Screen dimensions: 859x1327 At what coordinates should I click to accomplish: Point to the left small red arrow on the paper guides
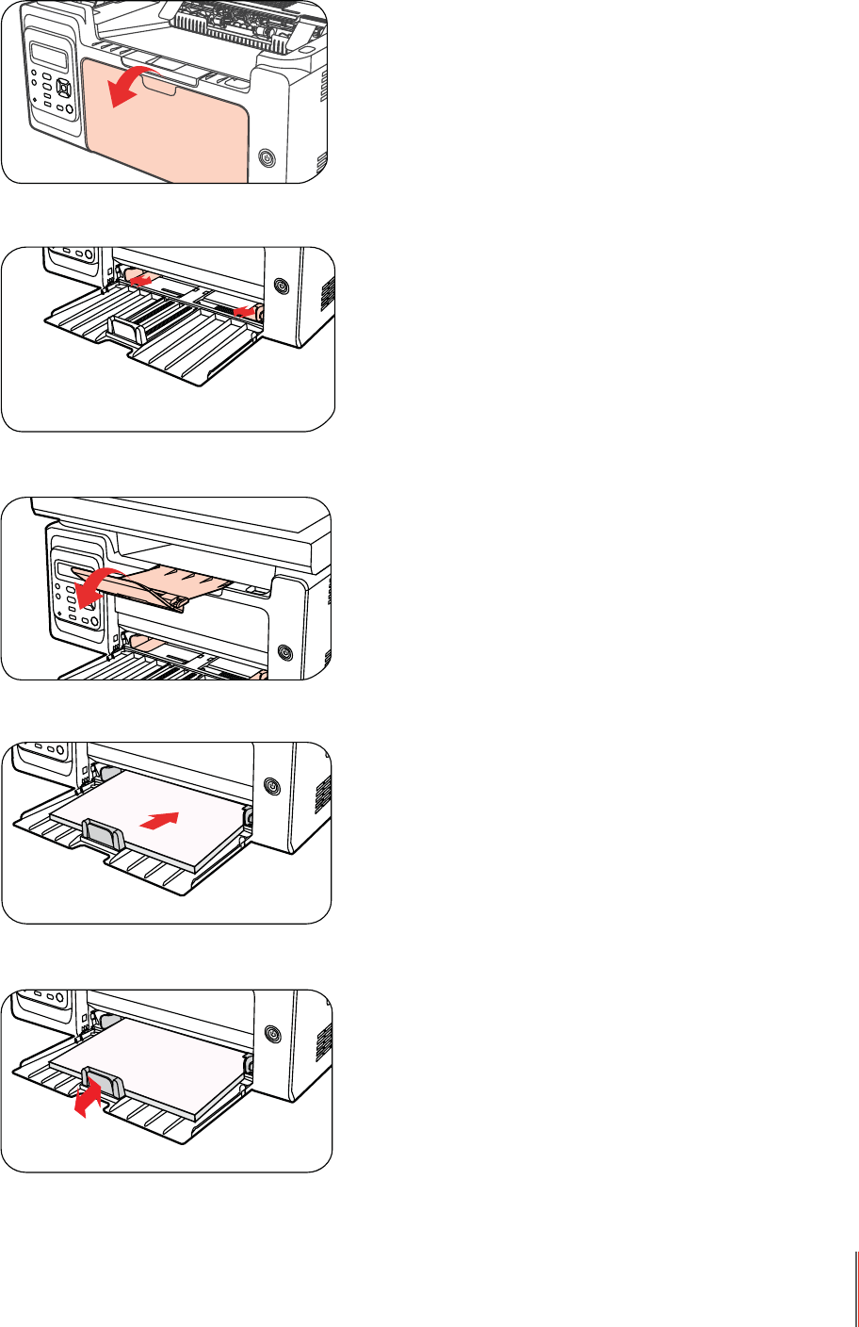[139, 279]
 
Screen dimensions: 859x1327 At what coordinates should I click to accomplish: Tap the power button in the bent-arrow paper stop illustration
[273, 1034]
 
